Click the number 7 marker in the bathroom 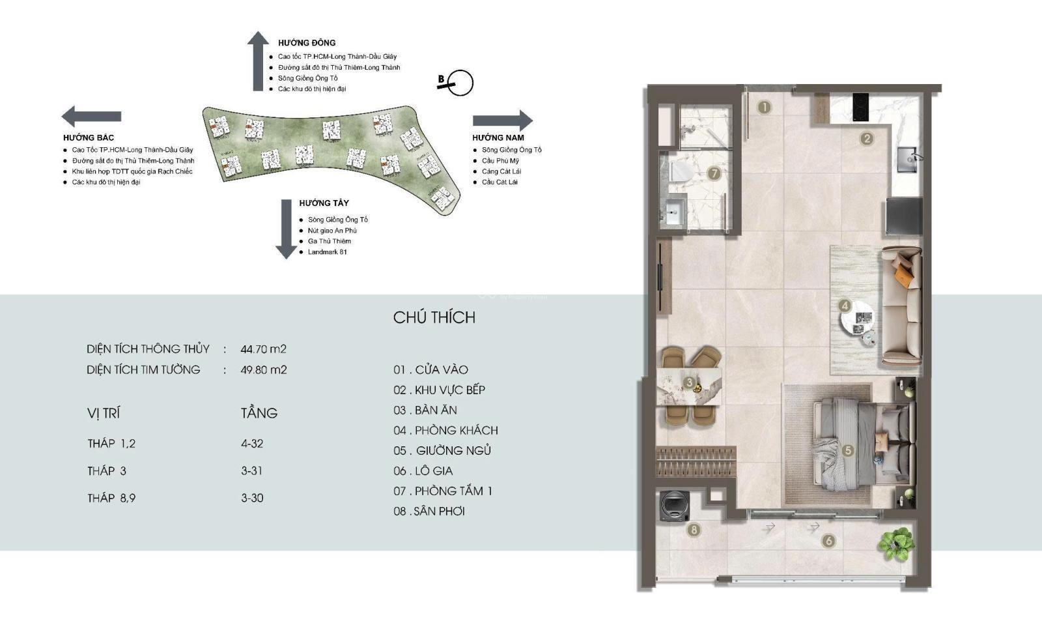714,174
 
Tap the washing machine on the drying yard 675,506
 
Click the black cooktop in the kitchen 860,108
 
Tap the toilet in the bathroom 681,171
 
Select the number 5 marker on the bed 847,450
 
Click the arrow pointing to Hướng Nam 502,121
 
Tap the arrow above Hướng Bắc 92,117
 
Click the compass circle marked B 460,83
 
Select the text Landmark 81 328,252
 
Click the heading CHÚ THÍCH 434,317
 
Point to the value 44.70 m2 263,349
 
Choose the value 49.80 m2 264,370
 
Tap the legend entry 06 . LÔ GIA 423,471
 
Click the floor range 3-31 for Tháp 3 251,471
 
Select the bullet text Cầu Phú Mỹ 501,160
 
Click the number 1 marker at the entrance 765,108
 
